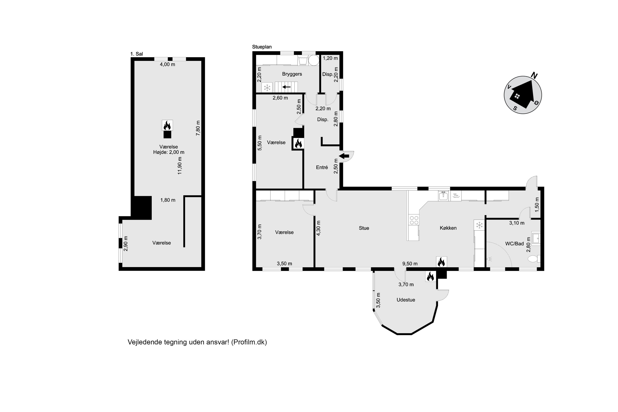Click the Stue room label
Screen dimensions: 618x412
(x=364, y=228)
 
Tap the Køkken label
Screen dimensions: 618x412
(x=448, y=228)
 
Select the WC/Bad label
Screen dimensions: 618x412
(x=514, y=243)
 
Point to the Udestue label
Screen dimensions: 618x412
(x=406, y=300)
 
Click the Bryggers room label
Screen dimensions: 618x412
(x=292, y=74)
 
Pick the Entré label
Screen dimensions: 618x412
(x=322, y=167)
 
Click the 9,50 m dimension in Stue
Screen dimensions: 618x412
(x=410, y=263)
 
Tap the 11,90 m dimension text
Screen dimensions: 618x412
(x=180, y=166)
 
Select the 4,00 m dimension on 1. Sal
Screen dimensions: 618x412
(x=167, y=64)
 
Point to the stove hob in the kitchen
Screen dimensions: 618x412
(x=414, y=220)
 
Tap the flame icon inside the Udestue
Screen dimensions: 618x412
(x=430, y=276)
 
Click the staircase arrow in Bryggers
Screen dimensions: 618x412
(x=286, y=87)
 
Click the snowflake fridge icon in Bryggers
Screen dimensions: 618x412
(x=267, y=88)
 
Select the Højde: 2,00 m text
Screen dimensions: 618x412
(x=169, y=152)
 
